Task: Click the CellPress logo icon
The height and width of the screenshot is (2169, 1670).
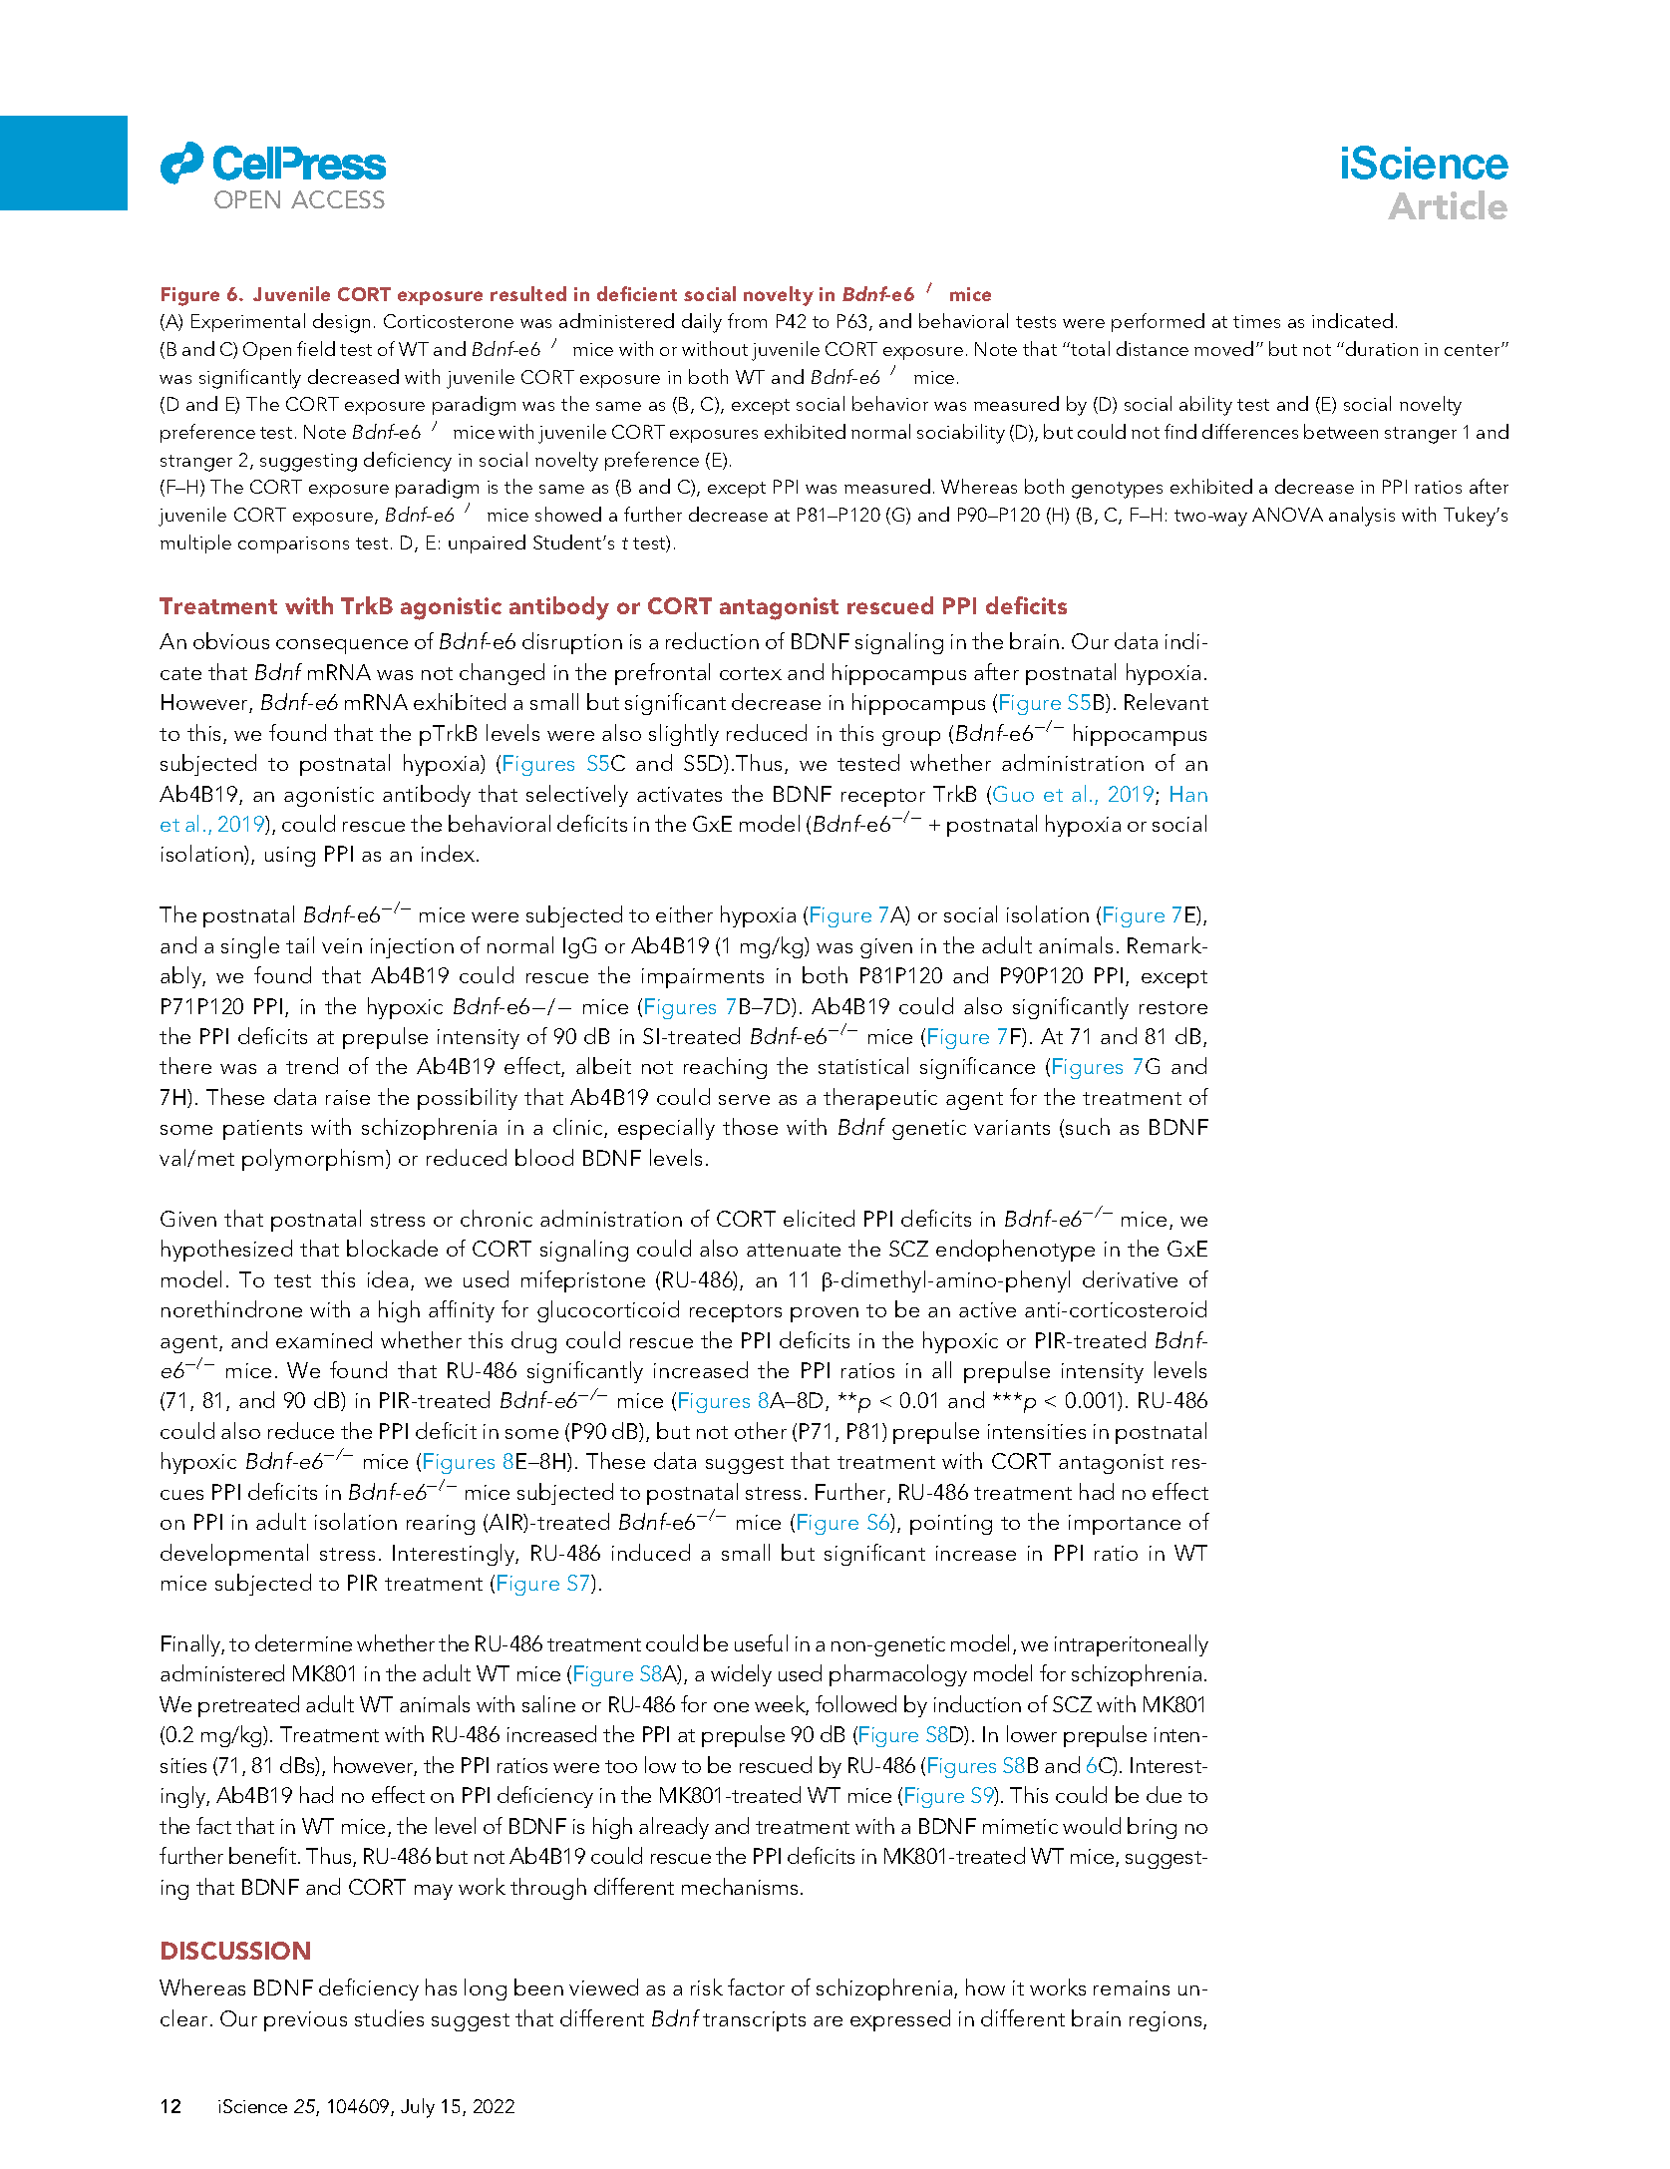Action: point(181,164)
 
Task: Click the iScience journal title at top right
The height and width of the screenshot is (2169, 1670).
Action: point(1423,165)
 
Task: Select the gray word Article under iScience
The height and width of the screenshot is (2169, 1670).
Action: point(1447,206)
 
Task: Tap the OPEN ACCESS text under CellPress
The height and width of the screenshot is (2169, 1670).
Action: point(299,200)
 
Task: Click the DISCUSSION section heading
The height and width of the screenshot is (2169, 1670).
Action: point(235,1951)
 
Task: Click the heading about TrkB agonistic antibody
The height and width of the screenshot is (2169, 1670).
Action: point(612,606)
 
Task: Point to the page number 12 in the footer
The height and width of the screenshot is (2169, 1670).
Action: point(170,2106)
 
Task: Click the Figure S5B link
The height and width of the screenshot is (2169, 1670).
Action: point(1051,703)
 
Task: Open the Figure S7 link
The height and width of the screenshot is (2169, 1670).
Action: point(543,1584)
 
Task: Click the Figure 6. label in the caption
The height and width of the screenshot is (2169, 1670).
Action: point(201,294)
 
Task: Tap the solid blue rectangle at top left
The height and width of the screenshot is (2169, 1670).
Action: point(63,163)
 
